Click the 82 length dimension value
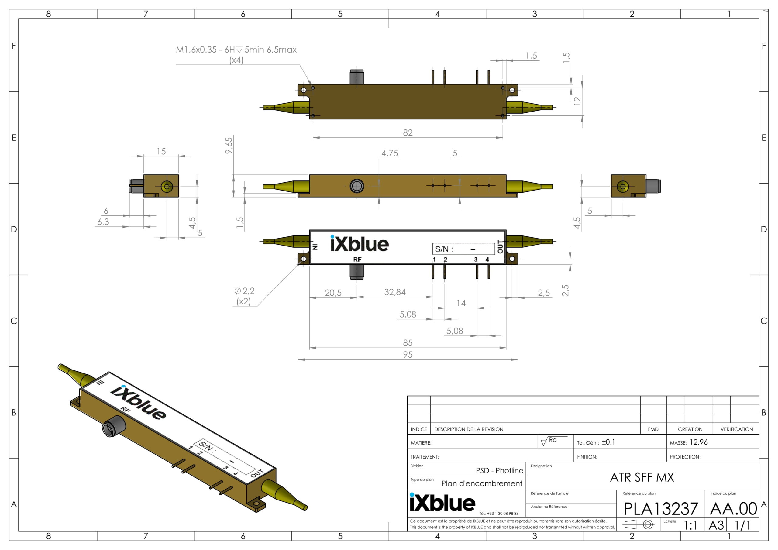pyautogui.click(x=408, y=132)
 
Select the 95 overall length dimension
pyautogui.click(x=408, y=355)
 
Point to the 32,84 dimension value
pyautogui.click(x=395, y=292)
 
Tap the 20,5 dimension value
pyautogui.click(x=333, y=293)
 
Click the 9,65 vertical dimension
pyautogui.click(x=229, y=145)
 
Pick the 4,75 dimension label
pyautogui.click(x=390, y=153)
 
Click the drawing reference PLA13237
pyautogui.click(x=660, y=509)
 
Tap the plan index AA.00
pyautogui.click(x=734, y=509)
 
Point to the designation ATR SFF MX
pyautogui.click(x=642, y=477)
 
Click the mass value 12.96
pyautogui.click(x=699, y=442)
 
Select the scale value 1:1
pyautogui.click(x=690, y=525)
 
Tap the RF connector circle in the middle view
pyautogui.click(x=357, y=186)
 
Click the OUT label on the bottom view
pyautogui.click(x=500, y=247)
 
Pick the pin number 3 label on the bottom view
pyautogui.click(x=476, y=260)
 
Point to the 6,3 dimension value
pyautogui.click(x=103, y=222)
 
